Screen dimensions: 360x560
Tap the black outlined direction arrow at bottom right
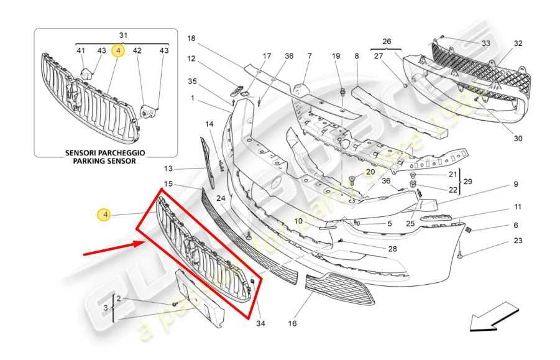point(493,315)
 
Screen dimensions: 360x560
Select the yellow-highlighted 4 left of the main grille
point(105,215)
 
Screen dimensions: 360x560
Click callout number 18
point(191,38)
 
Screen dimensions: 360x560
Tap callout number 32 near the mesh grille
point(518,44)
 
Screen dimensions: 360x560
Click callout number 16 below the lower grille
point(292,323)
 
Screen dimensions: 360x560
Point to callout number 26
point(387,42)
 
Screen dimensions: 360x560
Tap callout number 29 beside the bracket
point(469,182)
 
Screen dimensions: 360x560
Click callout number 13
point(168,168)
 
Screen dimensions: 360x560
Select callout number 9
point(515,184)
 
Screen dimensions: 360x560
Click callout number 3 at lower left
point(106,308)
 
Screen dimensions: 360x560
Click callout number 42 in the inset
point(137,50)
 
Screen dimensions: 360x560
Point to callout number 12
point(191,59)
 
